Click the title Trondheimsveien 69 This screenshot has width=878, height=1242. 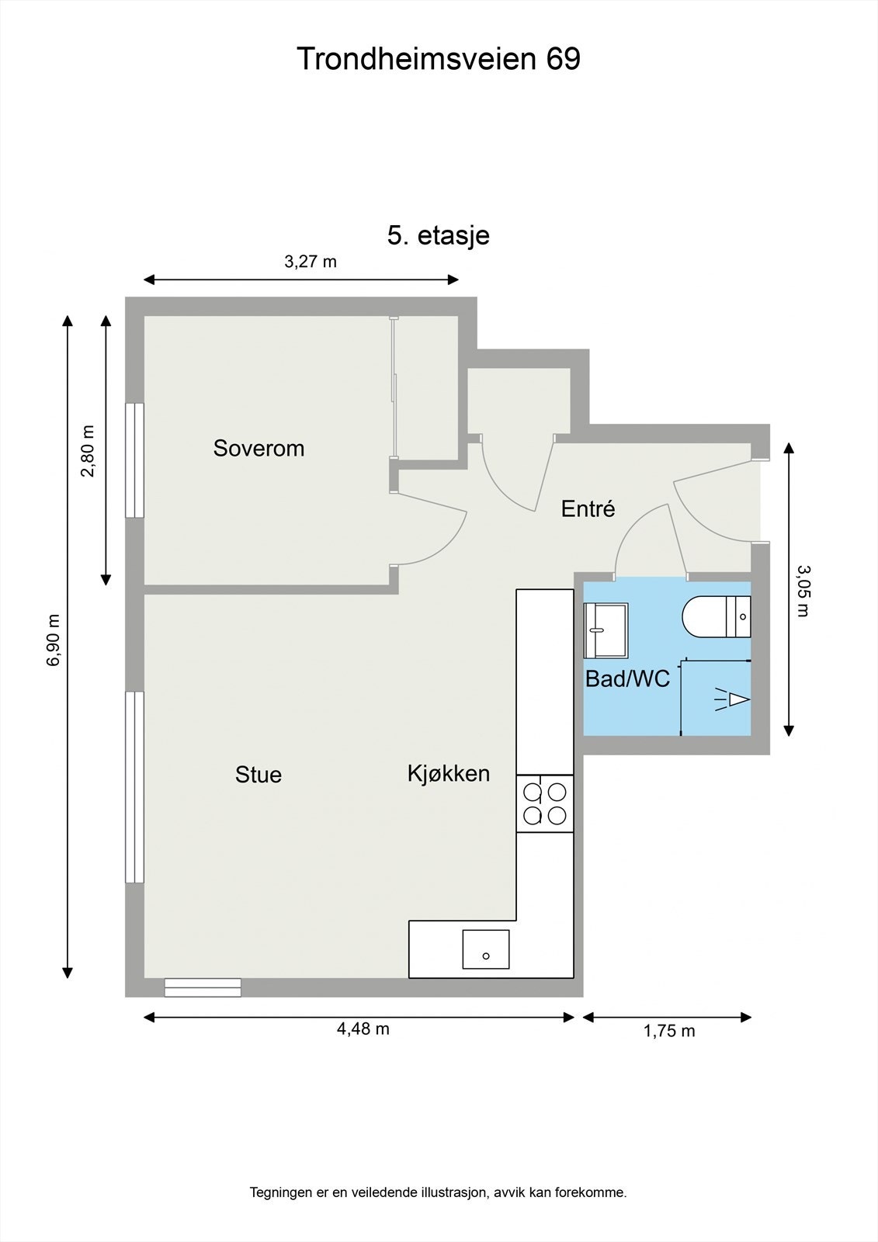(439, 59)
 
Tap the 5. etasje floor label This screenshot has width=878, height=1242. (438, 236)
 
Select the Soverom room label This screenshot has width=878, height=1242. (259, 448)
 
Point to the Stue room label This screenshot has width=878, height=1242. (259, 775)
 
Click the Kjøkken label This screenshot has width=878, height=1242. (449, 774)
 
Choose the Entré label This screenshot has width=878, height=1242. (588, 508)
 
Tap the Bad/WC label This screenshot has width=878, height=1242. (628, 678)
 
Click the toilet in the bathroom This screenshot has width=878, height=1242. (716, 616)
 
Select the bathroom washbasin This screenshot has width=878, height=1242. (606, 630)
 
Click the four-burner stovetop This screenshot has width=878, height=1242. (545, 803)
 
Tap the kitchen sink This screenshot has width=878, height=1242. (486, 949)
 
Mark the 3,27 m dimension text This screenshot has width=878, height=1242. (311, 262)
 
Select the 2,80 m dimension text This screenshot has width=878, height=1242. (88, 451)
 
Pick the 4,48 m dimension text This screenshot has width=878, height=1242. (363, 1029)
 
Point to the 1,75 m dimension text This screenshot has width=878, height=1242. (669, 1031)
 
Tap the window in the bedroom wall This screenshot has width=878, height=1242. (135, 460)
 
